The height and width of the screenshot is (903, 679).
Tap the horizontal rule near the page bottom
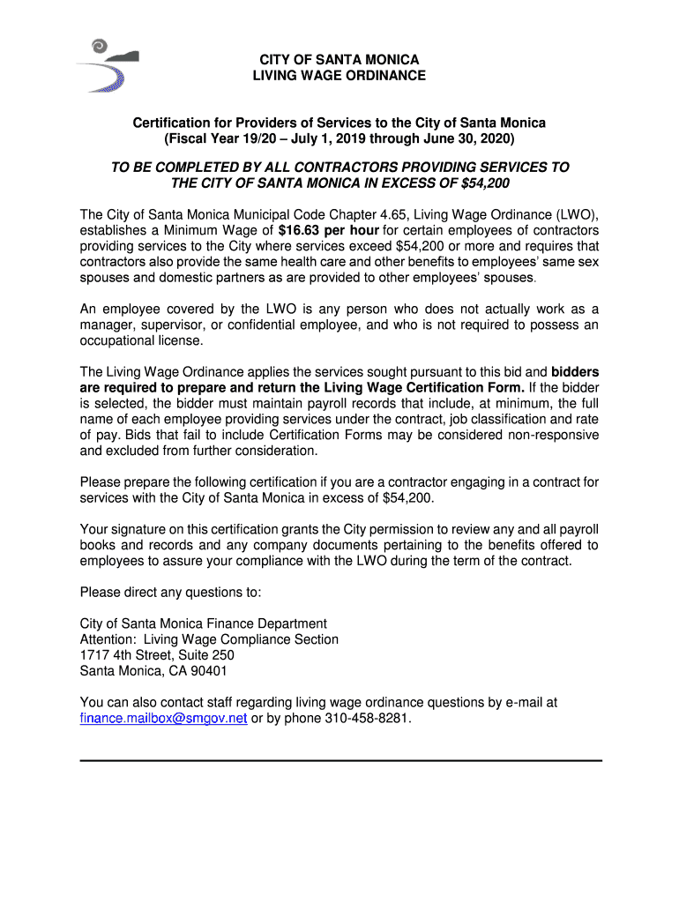340,760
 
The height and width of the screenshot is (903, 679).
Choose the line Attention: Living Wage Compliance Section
209,639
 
